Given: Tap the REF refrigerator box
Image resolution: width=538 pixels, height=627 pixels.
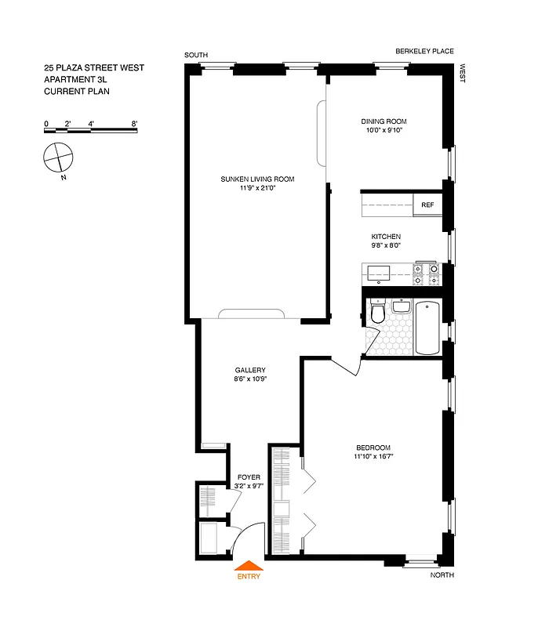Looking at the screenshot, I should click(x=427, y=205).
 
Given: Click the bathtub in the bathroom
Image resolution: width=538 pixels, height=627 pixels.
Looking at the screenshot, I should click(x=427, y=328).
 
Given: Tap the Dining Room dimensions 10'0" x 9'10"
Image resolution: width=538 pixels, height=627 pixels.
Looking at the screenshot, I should click(x=384, y=131).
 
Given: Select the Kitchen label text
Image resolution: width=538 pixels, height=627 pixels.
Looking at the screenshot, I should click(x=386, y=237).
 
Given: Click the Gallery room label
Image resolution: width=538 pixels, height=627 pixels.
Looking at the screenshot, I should click(x=250, y=371).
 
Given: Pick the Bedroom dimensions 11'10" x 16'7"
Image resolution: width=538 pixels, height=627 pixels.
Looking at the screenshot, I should click(x=373, y=457).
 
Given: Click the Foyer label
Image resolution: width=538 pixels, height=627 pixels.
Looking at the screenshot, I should click(x=249, y=477).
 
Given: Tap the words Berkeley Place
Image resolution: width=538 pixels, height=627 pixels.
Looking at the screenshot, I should click(x=424, y=52).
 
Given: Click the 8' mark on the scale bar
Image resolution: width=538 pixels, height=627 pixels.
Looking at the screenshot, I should click(x=135, y=124).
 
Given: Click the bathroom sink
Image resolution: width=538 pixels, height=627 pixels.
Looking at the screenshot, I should click(x=402, y=306).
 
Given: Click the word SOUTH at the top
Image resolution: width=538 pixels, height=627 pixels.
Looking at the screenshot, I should click(x=196, y=55).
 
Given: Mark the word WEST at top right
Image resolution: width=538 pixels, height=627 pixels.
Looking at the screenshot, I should click(x=463, y=74).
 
